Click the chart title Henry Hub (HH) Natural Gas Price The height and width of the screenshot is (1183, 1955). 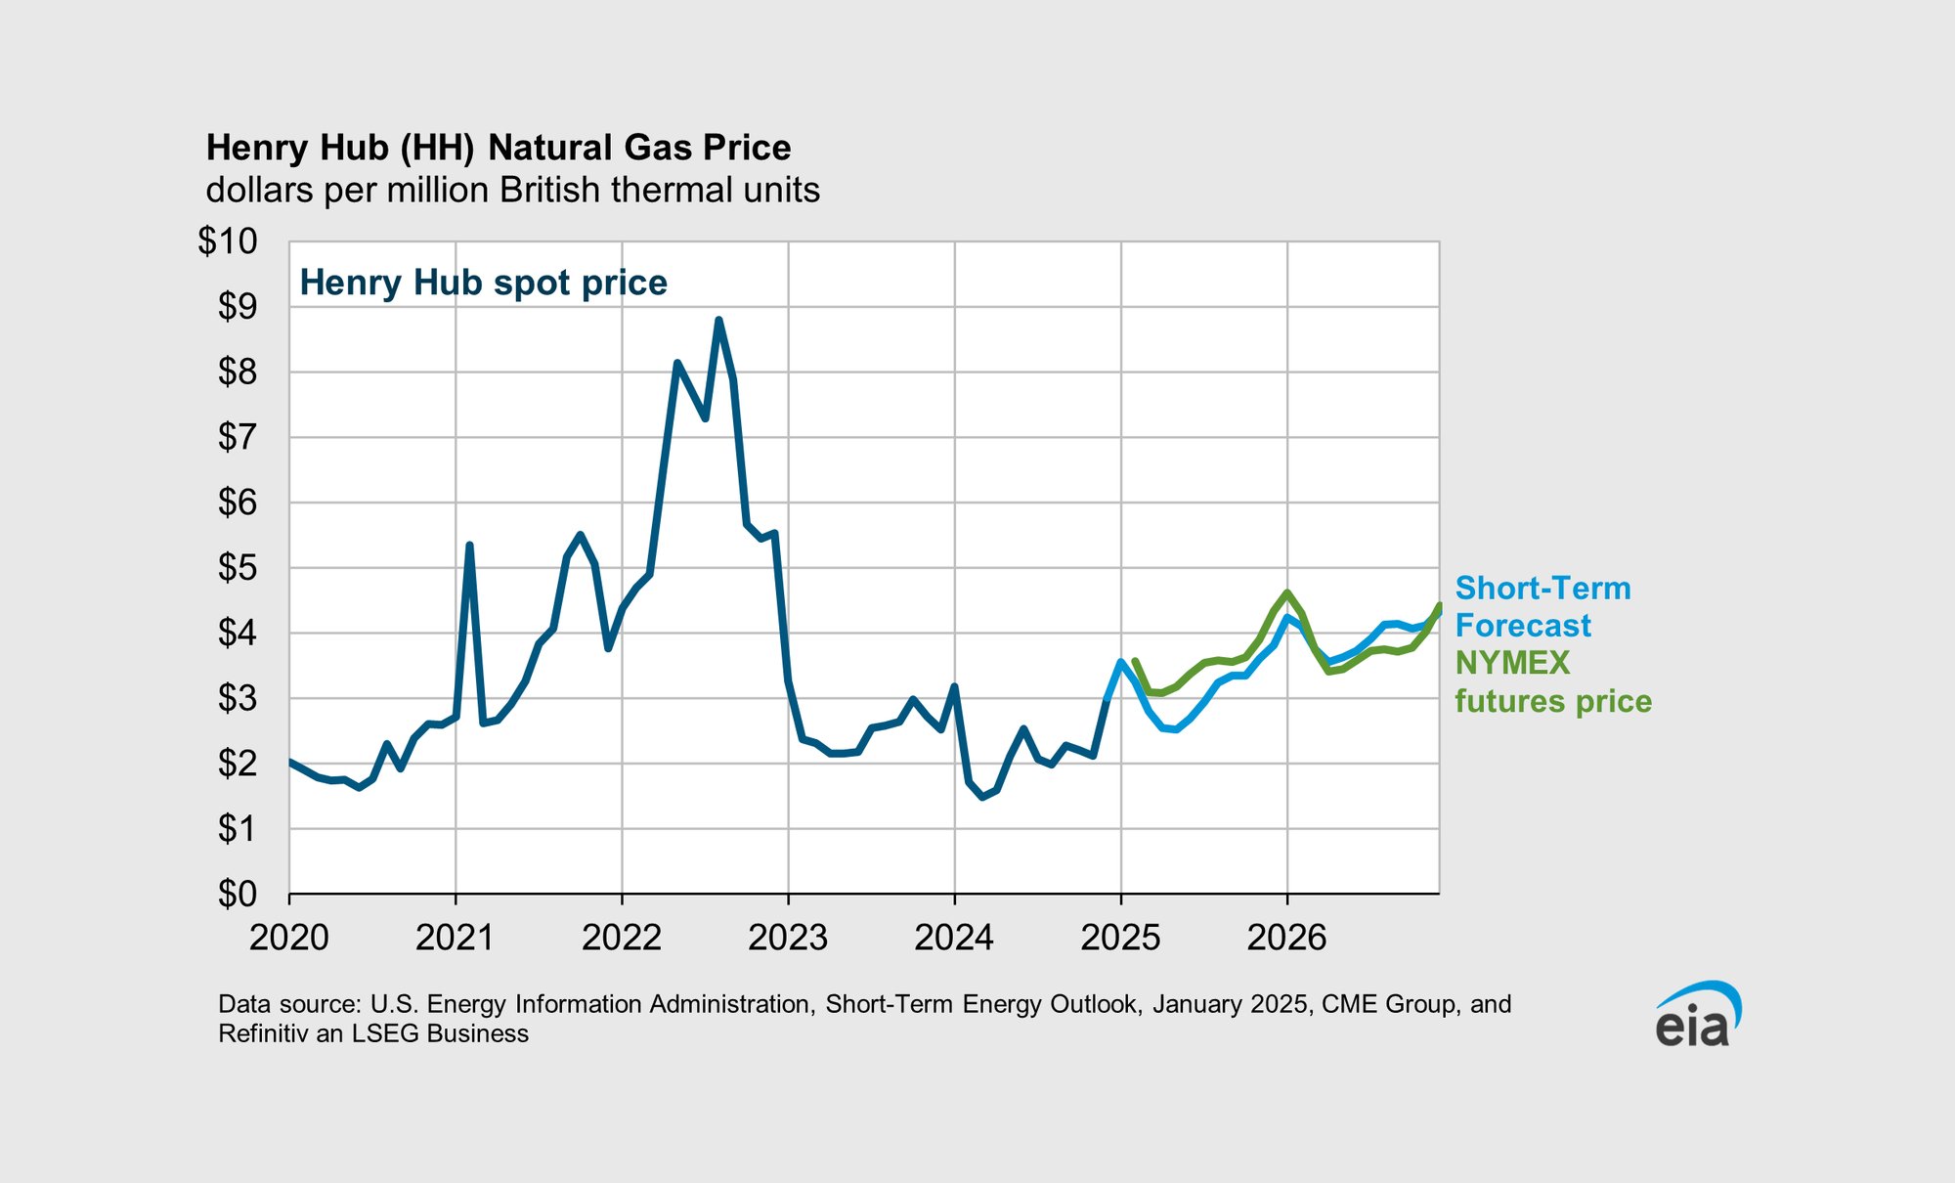[499, 148]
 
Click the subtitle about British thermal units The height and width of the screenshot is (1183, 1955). [512, 190]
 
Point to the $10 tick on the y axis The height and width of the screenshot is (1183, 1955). [228, 241]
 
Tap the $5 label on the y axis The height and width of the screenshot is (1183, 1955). [237, 568]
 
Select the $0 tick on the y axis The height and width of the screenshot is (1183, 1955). [237, 894]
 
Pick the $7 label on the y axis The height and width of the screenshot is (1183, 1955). [237, 437]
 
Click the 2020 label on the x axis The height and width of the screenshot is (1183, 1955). [288, 938]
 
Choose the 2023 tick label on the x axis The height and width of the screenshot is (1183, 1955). [788, 938]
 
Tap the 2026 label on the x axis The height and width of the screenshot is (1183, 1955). [1286, 938]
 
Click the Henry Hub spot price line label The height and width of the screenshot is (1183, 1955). [483, 283]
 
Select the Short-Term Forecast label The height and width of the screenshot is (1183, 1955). [1542, 606]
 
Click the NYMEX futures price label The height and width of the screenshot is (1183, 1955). [1552, 681]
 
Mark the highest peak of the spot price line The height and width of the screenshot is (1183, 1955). [718, 320]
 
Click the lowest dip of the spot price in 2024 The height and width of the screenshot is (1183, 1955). [982, 797]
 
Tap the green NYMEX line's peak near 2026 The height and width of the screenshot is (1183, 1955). [1286, 592]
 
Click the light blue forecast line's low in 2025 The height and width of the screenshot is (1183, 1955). [1175, 729]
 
